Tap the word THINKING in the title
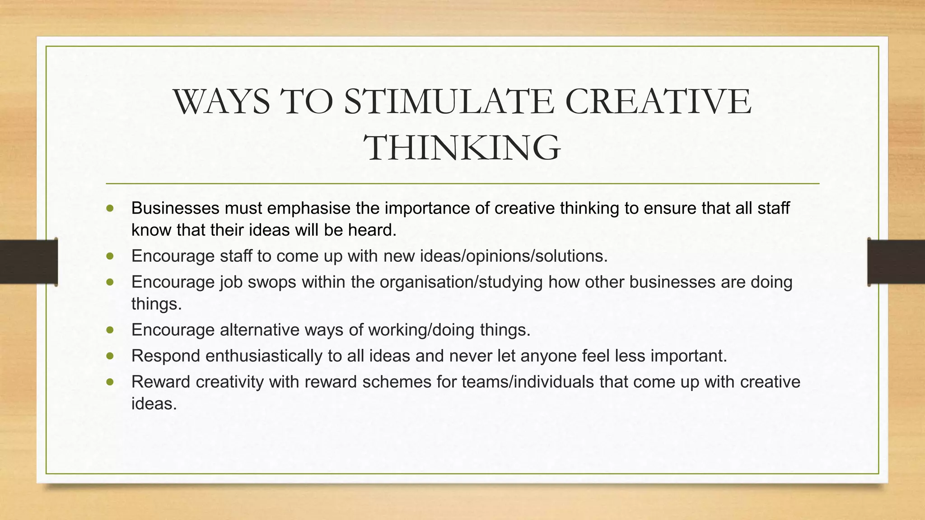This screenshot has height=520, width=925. pos(462,148)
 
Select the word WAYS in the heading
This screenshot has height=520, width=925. pos(221,102)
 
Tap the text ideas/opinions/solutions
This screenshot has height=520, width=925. pos(514,256)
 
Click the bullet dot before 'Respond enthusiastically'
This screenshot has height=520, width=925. pos(110,356)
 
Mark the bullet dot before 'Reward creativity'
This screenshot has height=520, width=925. pos(110,382)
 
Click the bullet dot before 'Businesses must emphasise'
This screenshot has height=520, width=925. pos(110,208)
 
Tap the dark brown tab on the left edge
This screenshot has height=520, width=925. pos(28,262)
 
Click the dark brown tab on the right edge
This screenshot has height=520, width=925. pos(896,262)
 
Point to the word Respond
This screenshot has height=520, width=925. pos(166,356)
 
